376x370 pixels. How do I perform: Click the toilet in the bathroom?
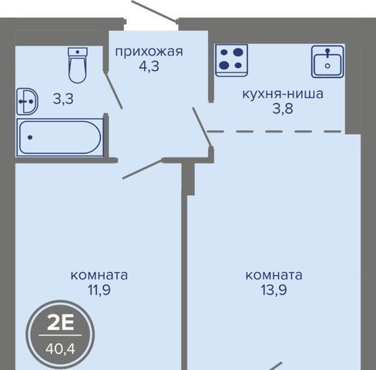78,66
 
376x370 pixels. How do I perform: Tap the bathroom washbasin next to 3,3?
27,101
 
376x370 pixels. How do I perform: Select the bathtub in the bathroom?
60,137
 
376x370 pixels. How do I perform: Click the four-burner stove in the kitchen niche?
231,60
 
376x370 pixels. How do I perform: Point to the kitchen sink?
327,62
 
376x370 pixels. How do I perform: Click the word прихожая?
149,52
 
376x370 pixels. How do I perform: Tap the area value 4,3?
149,66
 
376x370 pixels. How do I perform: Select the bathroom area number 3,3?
63,99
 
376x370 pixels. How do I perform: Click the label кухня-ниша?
283,94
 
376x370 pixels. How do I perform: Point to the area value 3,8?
283,109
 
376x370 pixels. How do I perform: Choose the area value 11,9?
99,290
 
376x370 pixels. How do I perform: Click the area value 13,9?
274,290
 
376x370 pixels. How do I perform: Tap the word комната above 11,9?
99,275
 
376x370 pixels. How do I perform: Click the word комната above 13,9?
274,275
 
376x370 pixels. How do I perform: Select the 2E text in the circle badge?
61,323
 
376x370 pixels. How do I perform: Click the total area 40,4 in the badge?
60,349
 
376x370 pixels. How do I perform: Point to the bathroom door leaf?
113,90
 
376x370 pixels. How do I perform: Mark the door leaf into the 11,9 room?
143,169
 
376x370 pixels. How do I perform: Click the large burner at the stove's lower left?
224,66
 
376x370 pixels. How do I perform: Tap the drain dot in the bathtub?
30,137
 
